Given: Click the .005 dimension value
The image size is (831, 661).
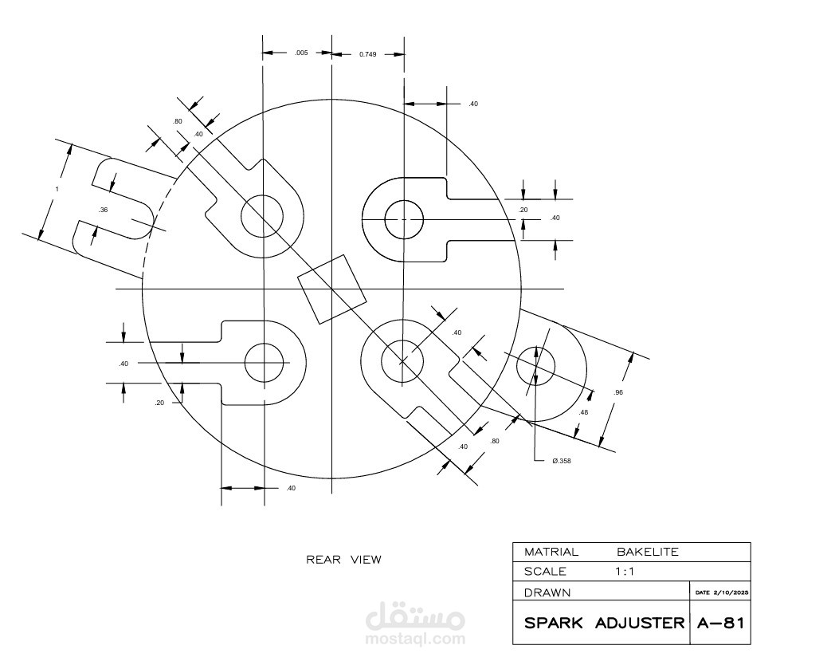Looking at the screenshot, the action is pos(301,53).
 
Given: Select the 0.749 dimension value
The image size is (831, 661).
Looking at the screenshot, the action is pos(368,54).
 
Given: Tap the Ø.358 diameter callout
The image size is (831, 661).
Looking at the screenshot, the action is pos(561,461).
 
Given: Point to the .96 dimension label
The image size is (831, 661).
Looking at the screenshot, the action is pos(618,392).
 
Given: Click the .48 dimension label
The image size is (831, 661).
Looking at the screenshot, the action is pos(583,412).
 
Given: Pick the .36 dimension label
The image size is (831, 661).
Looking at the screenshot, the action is pos(103,210).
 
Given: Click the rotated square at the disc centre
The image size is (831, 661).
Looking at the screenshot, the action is pos(331,289).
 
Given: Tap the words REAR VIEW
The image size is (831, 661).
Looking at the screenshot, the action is pos(343,560).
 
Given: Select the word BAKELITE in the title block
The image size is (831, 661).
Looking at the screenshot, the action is pos(648,552).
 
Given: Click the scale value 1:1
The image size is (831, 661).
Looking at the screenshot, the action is pos(625,572).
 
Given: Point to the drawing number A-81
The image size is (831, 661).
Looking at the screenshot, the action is pos(721,623).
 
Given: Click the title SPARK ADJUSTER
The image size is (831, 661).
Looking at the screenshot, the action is pos(604,623).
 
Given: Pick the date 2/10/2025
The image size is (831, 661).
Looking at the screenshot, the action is pos(731,592).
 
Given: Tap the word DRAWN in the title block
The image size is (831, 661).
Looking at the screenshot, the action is pos(547,592).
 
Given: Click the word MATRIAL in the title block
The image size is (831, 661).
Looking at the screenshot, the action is pos(551,552).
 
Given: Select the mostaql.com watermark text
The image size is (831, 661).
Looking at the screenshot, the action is pos(415,639).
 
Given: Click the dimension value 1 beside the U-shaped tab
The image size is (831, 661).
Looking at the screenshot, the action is pos(57,190).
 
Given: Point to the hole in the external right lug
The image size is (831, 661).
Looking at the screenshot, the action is pos(535,366).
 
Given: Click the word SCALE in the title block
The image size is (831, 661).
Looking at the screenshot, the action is pos(545,572).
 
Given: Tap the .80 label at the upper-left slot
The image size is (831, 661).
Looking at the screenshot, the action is pos(177,121).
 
